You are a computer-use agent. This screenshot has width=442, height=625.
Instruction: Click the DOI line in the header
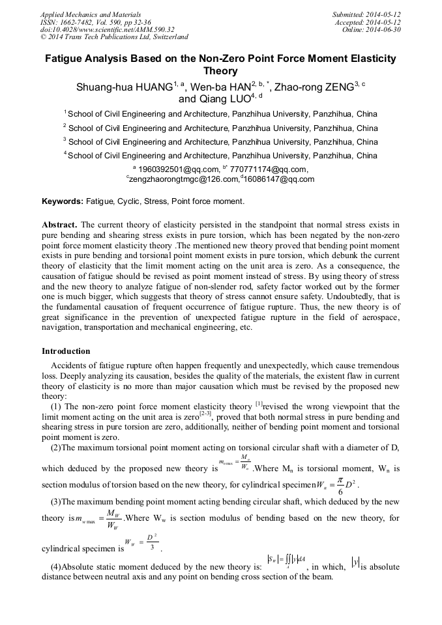[108, 29]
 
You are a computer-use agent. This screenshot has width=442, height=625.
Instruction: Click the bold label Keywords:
[63, 201]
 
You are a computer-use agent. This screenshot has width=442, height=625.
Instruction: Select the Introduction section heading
[66, 351]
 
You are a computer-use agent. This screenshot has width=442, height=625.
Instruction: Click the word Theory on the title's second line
[220, 71]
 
